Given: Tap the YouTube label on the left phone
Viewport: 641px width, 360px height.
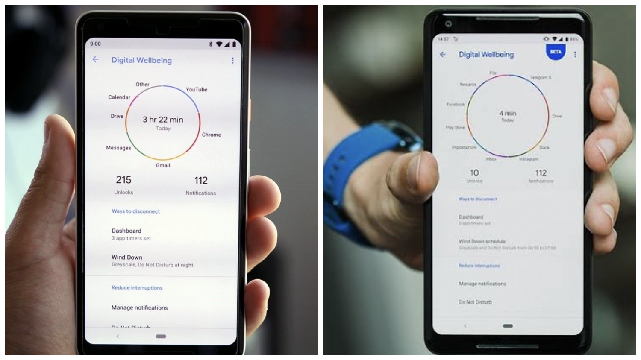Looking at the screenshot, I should pyautogui.click(x=196, y=90).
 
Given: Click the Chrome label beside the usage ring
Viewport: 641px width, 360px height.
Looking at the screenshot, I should pyautogui.click(x=211, y=135).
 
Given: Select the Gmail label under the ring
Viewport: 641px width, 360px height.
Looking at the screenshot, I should pyautogui.click(x=163, y=165).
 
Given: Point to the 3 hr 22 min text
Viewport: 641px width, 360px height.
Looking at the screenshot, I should pyautogui.click(x=163, y=120).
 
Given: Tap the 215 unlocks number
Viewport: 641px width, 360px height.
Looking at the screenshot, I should pyautogui.click(x=123, y=180).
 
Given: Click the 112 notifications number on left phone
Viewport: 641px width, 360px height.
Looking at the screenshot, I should pyautogui.click(x=201, y=181).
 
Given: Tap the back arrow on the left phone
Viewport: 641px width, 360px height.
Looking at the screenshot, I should pyautogui.click(x=95, y=60).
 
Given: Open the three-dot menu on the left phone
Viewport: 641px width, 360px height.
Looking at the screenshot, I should pyautogui.click(x=232, y=61).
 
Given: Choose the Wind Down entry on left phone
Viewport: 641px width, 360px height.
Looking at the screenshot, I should pyautogui.click(x=127, y=257).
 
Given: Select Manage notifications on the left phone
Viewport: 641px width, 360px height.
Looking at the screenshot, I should pyautogui.click(x=140, y=307).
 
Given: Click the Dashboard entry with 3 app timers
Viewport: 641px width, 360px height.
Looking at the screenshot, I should pyautogui.click(x=126, y=231).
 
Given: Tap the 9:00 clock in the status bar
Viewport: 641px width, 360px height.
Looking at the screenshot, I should pyautogui.click(x=95, y=44).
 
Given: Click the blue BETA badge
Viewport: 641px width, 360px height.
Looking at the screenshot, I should pyautogui.click(x=555, y=52).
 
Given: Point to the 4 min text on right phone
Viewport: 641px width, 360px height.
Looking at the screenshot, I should pyautogui.click(x=508, y=113).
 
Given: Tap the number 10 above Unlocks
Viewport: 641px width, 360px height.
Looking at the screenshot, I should pyautogui.click(x=474, y=173).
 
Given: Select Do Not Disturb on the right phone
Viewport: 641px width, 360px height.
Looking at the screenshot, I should pyautogui.click(x=475, y=302).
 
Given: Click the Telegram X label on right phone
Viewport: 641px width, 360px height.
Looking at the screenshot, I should pyautogui.click(x=541, y=77).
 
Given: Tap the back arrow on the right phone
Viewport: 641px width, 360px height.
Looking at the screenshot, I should pyautogui.click(x=443, y=55).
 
